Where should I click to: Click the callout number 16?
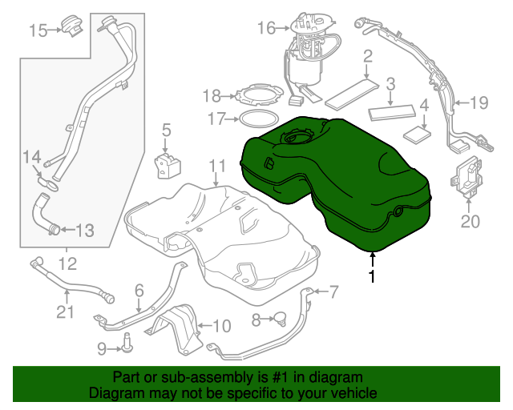pos(266,30)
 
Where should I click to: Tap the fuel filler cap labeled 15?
pos(75,25)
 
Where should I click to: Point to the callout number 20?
pos(469,220)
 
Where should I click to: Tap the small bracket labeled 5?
pos(168,164)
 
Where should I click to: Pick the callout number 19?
pos(479,102)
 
